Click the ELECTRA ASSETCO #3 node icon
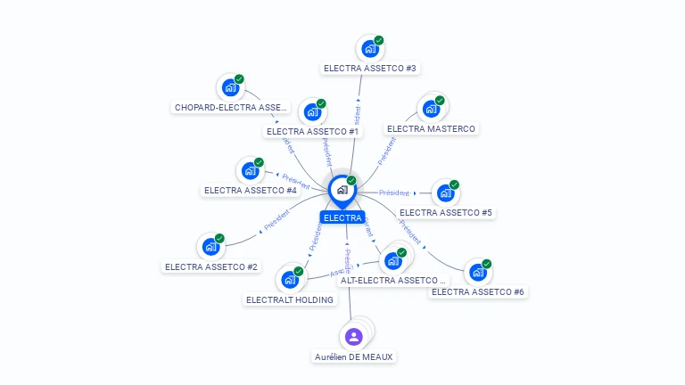click(368, 49)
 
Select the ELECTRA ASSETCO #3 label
click(370, 68)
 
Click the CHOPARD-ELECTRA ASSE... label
click(231, 107)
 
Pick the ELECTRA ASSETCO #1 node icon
click(311, 112)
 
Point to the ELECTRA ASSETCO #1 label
click(312, 131)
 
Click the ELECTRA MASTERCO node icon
click(431, 109)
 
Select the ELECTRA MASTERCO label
click(431, 128)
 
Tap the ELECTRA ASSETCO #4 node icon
click(249, 170)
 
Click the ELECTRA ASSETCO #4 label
click(250, 190)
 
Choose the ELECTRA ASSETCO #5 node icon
click(444, 193)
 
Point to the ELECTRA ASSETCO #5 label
click(446, 212)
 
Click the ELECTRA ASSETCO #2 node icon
click(210, 247)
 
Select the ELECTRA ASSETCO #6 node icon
click(477, 272)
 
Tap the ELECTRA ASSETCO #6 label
click(478, 291)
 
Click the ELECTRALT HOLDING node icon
click(289, 280)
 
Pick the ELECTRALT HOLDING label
click(290, 299)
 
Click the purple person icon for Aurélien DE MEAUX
click(353, 337)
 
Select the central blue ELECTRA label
click(342, 217)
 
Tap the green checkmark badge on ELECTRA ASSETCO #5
click(454, 185)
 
